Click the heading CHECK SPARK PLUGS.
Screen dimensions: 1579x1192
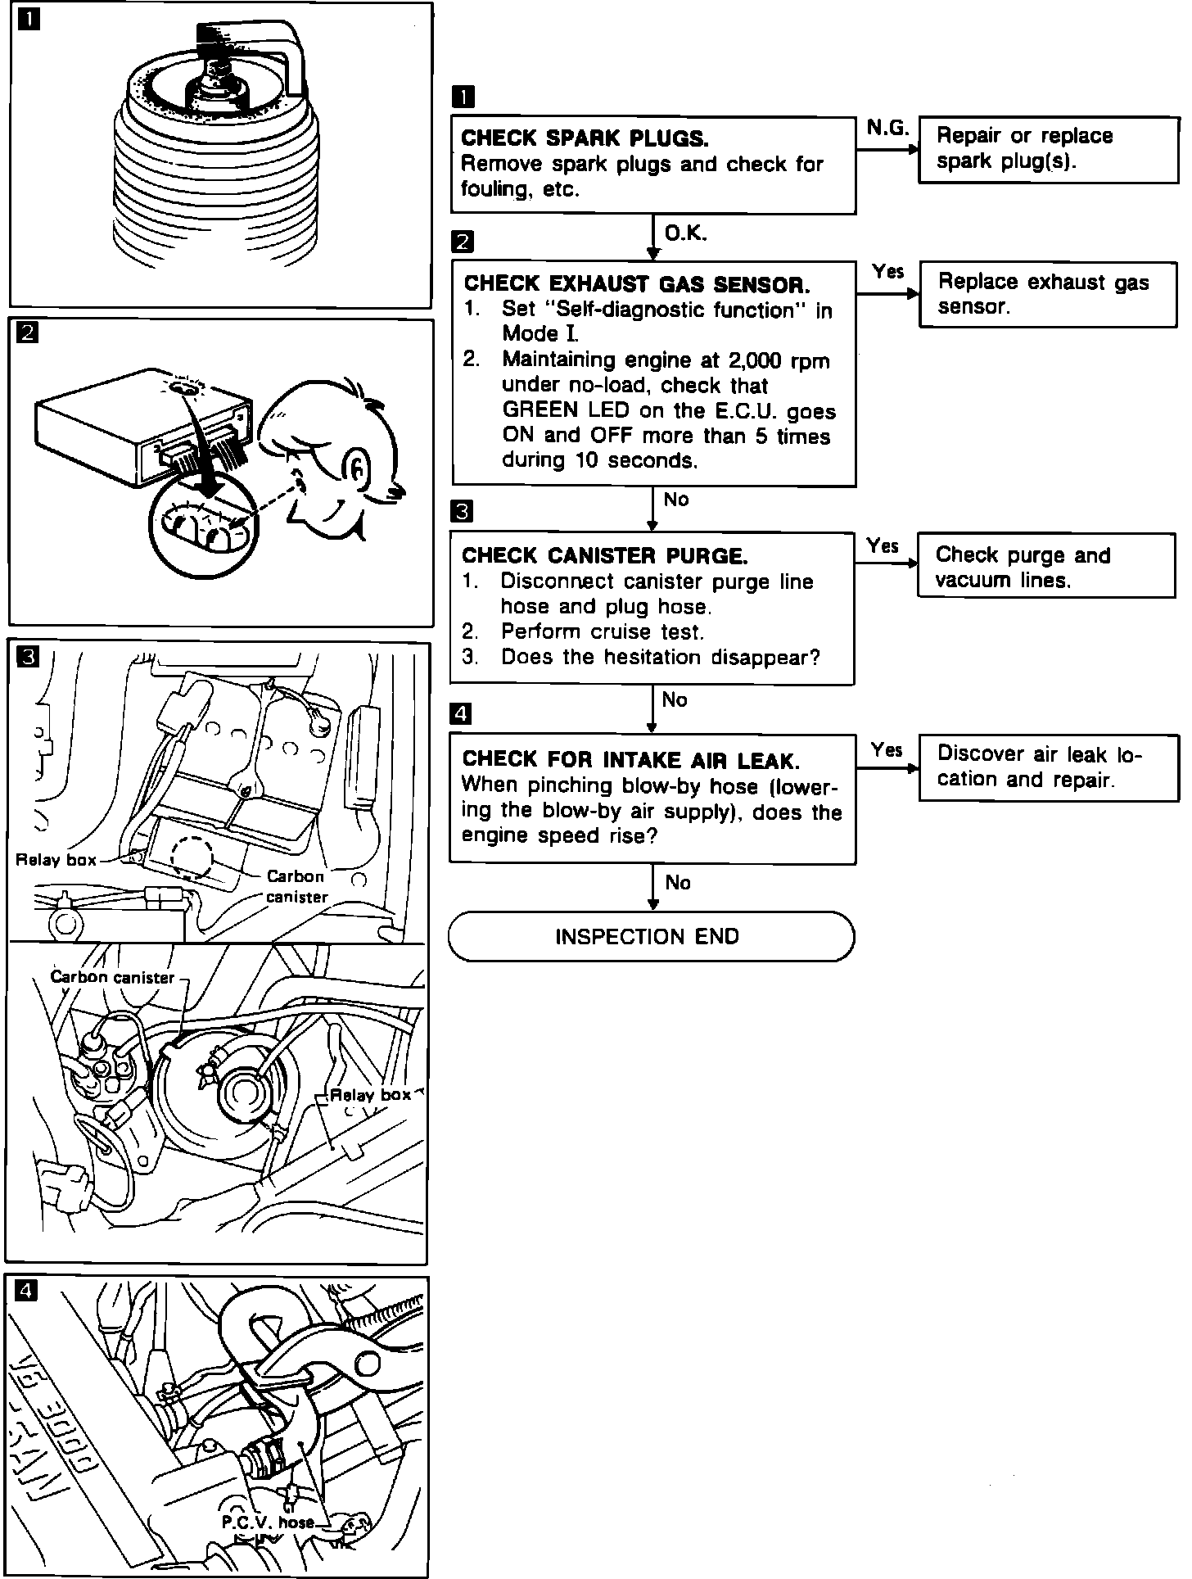point(585,138)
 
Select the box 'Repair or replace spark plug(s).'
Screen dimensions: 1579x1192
point(1048,149)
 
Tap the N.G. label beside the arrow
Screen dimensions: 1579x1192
point(887,129)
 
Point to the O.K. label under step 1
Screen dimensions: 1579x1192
point(685,233)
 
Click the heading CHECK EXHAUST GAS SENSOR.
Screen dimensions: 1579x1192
point(637,284)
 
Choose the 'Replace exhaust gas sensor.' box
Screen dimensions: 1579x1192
point(1048,294)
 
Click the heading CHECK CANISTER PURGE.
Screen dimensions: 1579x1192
point(604,556)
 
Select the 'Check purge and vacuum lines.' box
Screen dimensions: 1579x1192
point(1046,567)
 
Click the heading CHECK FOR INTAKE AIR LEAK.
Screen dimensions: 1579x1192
point(630,760)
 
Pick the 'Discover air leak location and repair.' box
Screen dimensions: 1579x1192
point(1048,767)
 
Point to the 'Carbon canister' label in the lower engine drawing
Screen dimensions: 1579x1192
point(112,977)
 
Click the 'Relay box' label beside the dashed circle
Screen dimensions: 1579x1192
point(56,860)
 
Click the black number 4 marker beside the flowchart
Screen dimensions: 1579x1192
point(462,714)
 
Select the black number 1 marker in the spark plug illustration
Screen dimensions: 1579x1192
point(29,20)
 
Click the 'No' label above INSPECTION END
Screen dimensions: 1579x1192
point(678,883)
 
